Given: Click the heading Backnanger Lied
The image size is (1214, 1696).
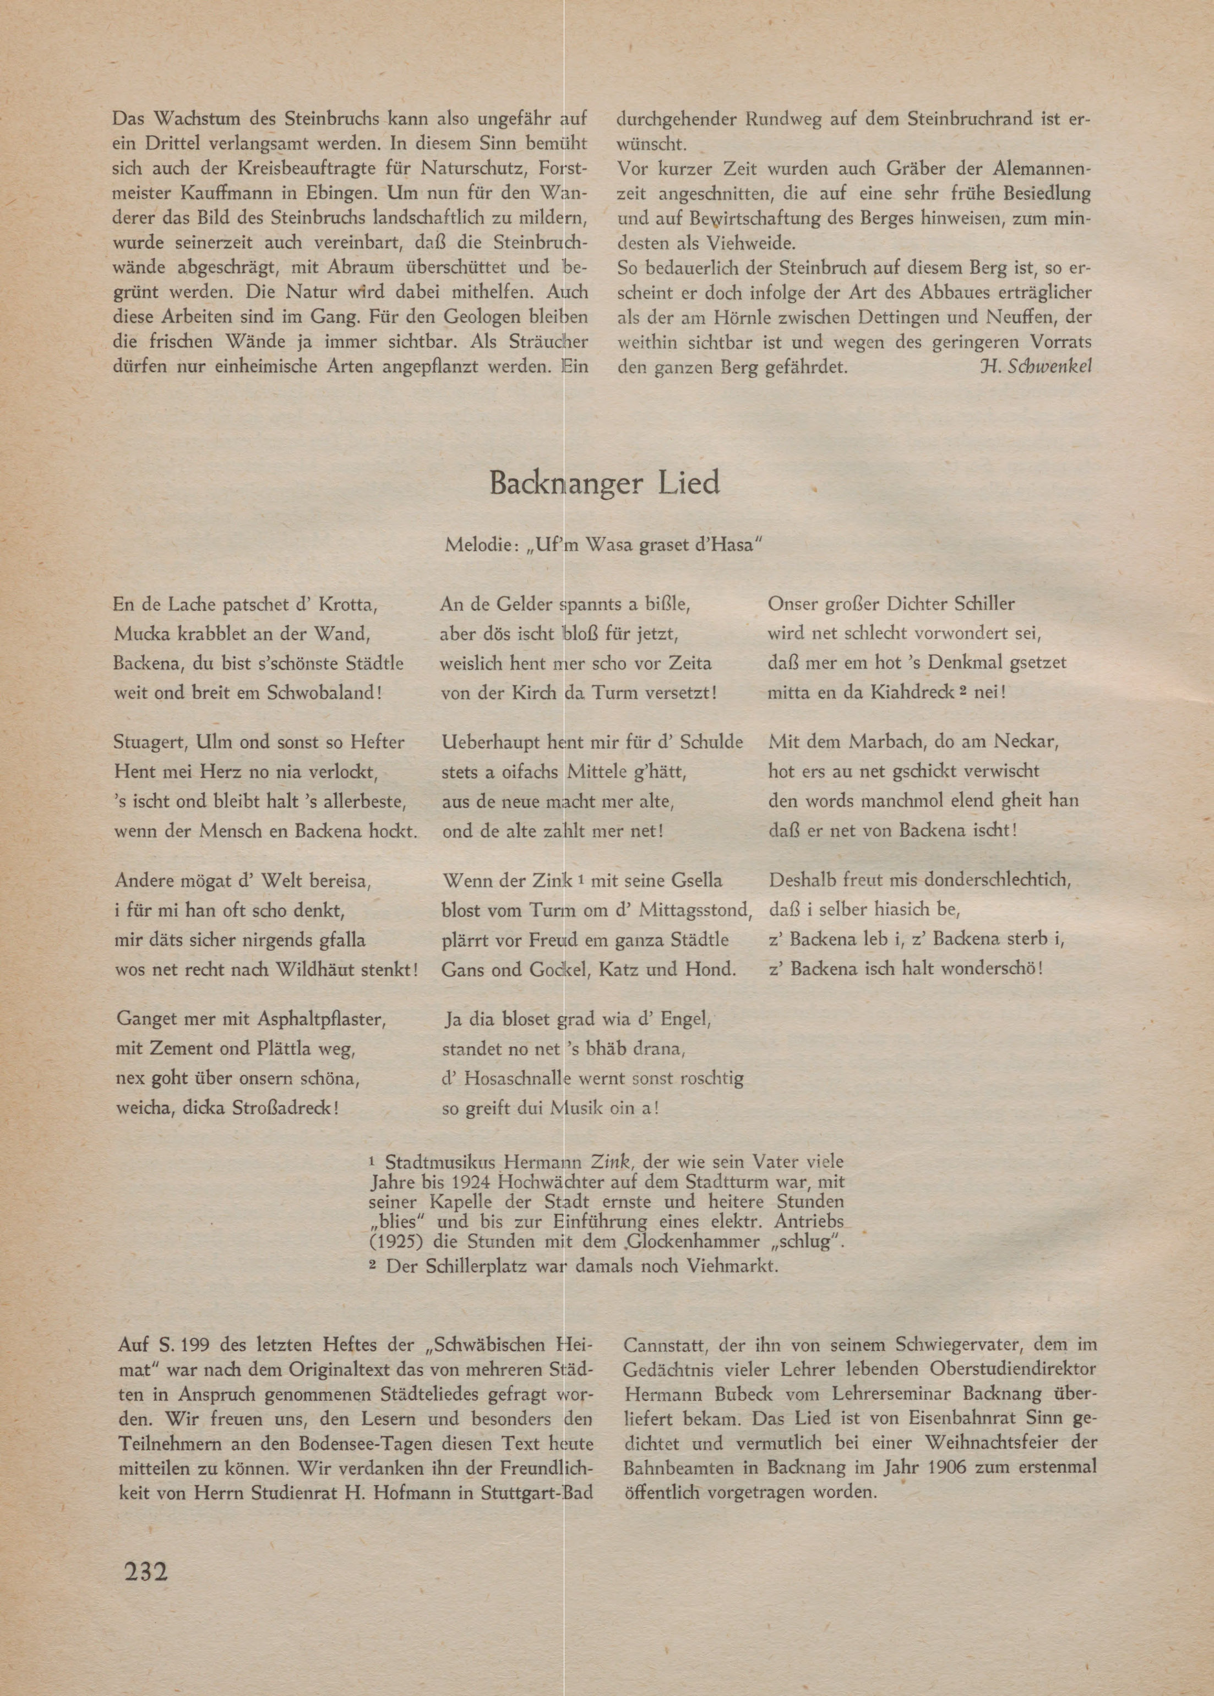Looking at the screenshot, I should pyautogui.click(x=604, y=483).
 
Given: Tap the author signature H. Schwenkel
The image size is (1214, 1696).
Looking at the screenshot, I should pyautogui.click(x=1035, y=367).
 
